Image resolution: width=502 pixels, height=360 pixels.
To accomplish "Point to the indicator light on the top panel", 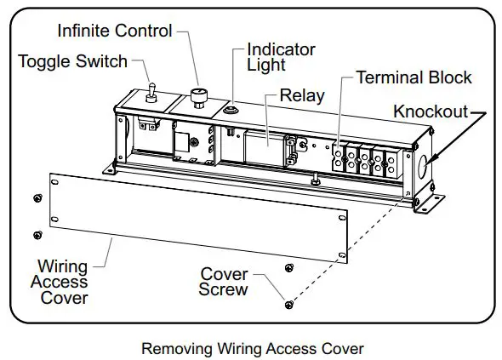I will click(x=231, y=109).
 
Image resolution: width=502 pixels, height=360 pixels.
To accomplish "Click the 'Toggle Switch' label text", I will click(x=72, y=60).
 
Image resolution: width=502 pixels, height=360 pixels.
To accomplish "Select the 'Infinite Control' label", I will click(x=114, y=31).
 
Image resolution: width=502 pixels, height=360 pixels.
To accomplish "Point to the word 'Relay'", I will click(x=302, y=94).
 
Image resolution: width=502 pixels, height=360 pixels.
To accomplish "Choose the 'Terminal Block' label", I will click(x=413, y=77).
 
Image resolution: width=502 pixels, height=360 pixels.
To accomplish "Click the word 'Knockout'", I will click(x=430, y=111).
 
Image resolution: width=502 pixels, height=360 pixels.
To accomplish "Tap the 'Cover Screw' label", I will click(x=224, y=282).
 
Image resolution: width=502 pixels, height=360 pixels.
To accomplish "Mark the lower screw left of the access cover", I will click(x=37, y=234).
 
